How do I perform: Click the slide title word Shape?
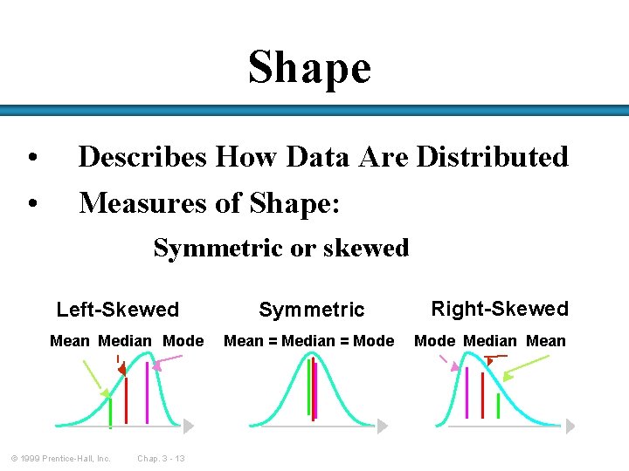pyautogui.click(x=309, y=68)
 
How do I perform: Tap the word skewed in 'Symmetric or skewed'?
pyautogui.click(x=365, y=248)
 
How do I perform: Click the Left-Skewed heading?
pyautogui.click(x=117, y=310)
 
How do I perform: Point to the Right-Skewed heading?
pyautogui.click(x=500, y=309)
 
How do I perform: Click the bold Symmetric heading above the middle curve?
pyautogui.click(x=312, y=310)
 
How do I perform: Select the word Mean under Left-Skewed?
pyautogui.click(x=70, y=341)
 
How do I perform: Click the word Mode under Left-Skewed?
pyautogui.click(x=183, y=341)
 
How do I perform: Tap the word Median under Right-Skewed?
pyautogui.click(x=490, y=341)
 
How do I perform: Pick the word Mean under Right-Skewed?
pyautogui.click(x=546, y=341)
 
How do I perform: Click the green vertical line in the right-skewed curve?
pyautogui.click(x=498, y=406)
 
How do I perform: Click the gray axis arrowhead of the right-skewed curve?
pyautogui.click(x=570, y=426)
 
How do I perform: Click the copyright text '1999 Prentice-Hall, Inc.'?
pyautogui.click(x=61, y=459)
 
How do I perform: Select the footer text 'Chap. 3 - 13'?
pyautogui.click(x=161, y=459)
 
